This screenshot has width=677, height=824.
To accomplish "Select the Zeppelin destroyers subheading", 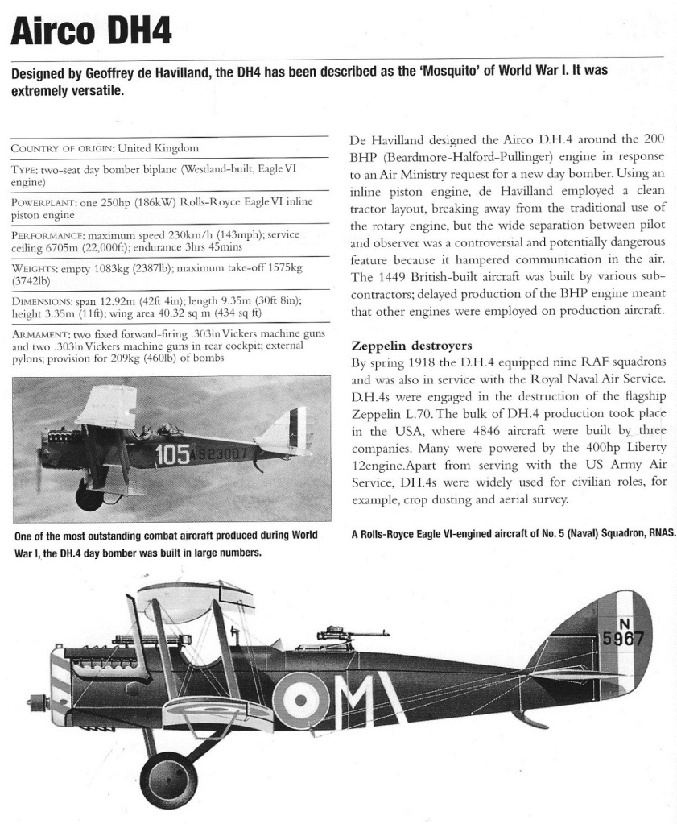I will point(411,346).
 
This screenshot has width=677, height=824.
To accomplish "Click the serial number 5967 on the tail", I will point(628,639).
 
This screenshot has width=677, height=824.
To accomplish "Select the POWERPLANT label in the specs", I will point(45,201).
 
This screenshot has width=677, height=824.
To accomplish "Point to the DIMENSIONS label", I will point(45,299).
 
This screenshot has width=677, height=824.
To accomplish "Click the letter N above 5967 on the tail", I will point(624,623).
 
